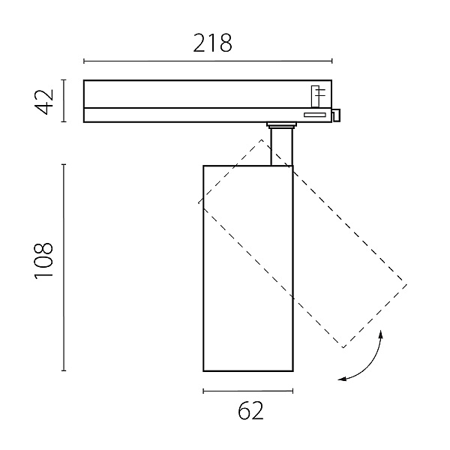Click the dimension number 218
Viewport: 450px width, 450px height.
click(212, 43)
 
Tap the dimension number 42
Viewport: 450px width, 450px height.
click(44, 101)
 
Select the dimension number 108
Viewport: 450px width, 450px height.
click(43, 261)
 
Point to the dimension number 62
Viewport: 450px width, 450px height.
click(250, 410)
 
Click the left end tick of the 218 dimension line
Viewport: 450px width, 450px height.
click(84, 61)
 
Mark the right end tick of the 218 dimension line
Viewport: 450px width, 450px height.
click(332, 61)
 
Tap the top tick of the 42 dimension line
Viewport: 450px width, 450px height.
click(64, 80)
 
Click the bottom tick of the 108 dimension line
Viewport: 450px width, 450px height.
click(64, 370)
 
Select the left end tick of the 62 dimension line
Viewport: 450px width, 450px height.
click(203, 391)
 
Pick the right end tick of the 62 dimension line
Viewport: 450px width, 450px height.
click(292, 391)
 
